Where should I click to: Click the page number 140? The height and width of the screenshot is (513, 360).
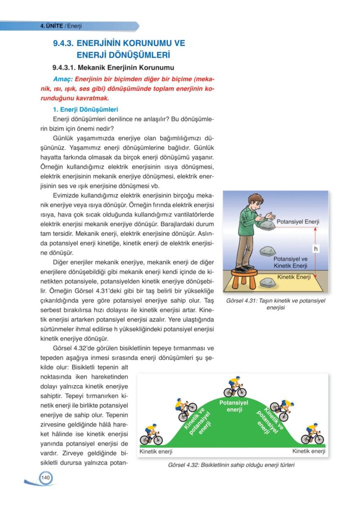pos(45,477)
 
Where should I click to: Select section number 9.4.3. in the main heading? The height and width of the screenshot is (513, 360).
pos(63,44)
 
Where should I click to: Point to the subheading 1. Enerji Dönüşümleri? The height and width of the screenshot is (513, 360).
pos(85,109)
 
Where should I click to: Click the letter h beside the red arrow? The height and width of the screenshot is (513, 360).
pos(315,248)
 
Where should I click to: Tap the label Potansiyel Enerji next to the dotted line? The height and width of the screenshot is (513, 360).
pos(298,222)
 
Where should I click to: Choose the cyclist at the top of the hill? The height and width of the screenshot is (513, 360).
pos(234,386)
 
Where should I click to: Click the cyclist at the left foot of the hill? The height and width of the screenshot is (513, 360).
pos(151,435)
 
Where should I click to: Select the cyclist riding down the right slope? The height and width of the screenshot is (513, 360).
pos(280,409)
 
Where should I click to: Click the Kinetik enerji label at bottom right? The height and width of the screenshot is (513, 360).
pos(308,451)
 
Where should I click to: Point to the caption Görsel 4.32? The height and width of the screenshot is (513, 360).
pos(231,465)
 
